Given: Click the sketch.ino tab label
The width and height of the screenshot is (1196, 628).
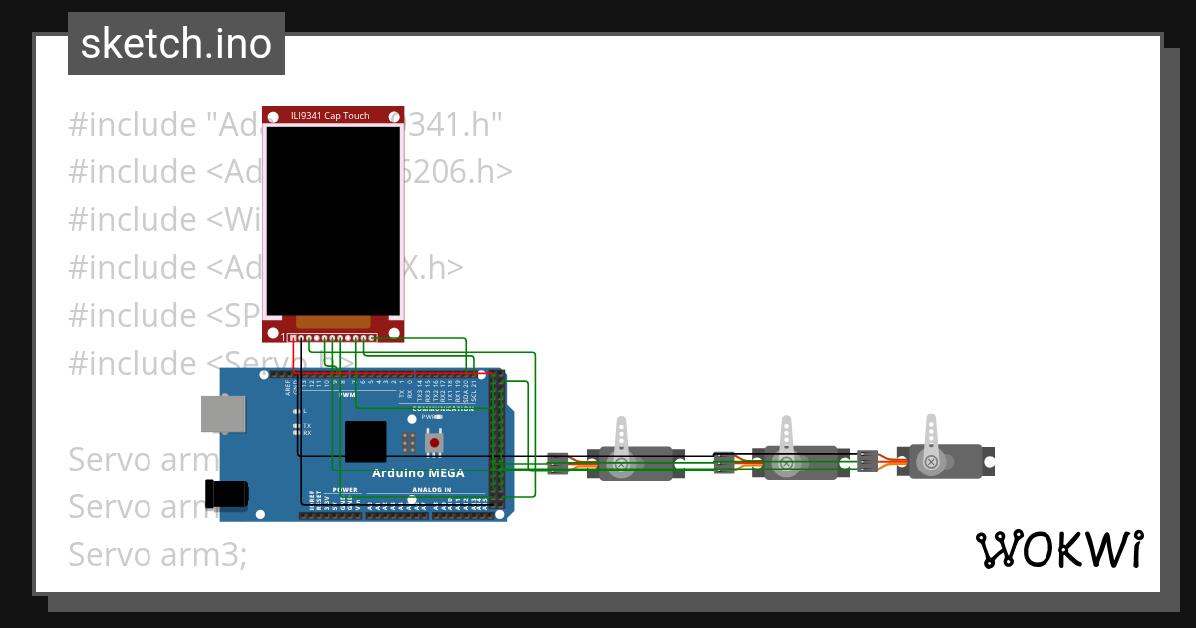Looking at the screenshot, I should (x=175, y=44).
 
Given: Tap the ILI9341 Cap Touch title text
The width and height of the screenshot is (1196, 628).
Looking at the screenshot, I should (x=330, y=116).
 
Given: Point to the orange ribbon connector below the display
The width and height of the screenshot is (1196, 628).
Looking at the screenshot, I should (x=333, y=321).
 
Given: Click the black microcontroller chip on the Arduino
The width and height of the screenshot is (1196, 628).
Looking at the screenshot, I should (x=365, y=441).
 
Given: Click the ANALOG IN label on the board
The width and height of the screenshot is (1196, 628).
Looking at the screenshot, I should (x=432, y=490).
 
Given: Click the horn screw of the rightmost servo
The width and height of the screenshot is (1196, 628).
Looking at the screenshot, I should (x=931, y=462).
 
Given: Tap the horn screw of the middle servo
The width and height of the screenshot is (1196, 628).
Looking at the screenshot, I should (x=786, y=463).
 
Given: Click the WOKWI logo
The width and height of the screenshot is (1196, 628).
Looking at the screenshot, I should (x=1058, y=549).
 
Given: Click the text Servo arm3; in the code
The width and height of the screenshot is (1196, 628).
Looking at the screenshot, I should (x=157, y=553).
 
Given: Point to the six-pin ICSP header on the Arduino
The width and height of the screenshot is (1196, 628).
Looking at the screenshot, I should (x=409, y=441).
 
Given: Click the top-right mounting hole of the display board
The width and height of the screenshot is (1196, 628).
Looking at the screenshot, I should (x=396, y=114).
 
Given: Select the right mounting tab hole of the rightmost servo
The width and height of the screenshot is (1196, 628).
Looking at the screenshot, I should (x=989, y=462).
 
